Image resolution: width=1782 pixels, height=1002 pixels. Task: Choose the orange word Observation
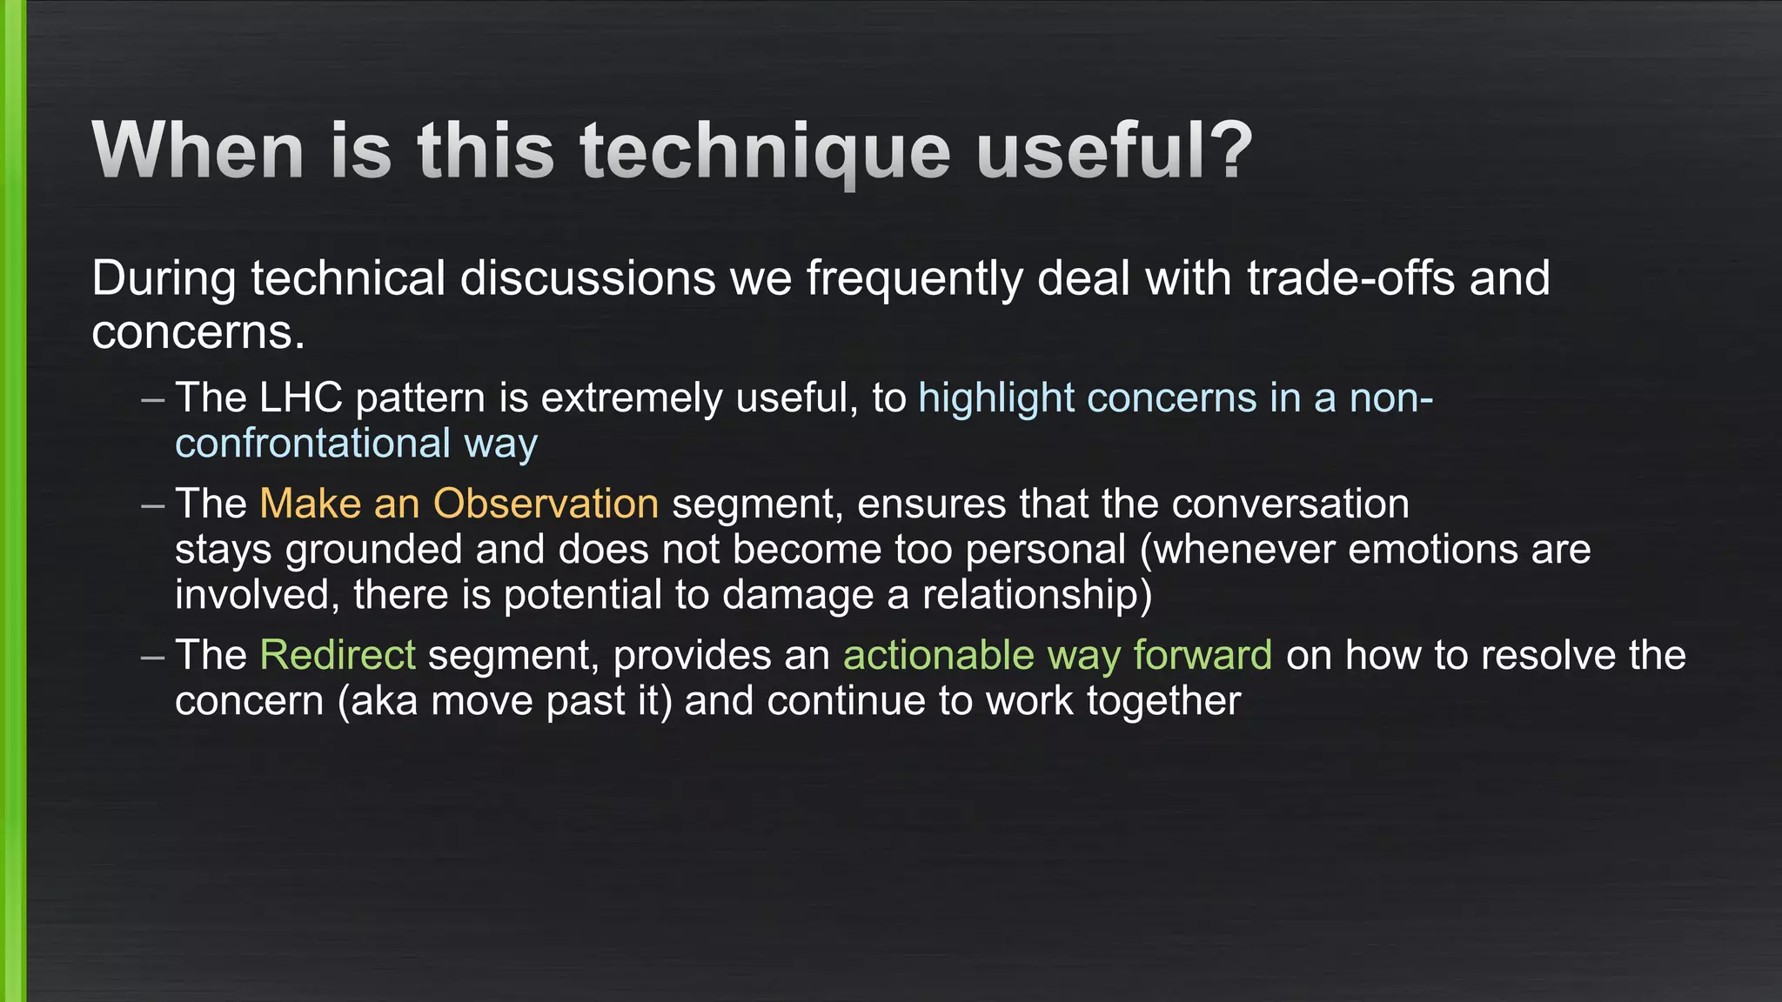click(546, 504)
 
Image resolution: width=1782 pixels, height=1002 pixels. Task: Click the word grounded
click(374, 550)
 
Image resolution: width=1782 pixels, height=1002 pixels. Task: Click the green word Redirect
click(338, 656)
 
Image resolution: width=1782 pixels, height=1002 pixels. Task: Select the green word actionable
click(938, 656)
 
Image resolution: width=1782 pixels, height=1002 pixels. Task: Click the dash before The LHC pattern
click(152, 399)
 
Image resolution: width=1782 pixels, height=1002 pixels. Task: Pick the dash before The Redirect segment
click(152, 656)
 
